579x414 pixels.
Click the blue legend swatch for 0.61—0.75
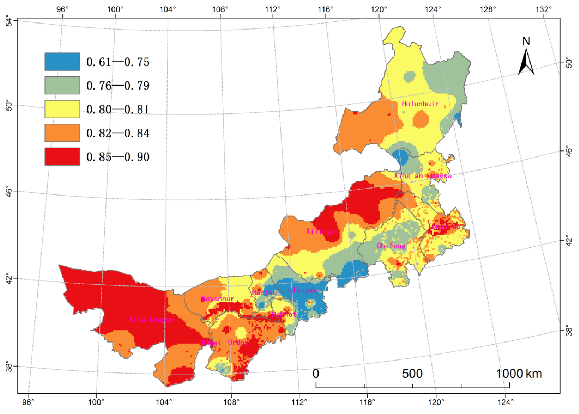click(x=62, y=62)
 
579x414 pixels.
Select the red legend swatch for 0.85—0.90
click(x=62, y=157)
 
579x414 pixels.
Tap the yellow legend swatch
click(x=62, y=109)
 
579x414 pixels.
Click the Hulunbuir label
click(x=420, y=104)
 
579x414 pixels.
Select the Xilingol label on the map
click(x=322, y=231)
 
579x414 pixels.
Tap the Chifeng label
click(x=391, y=246)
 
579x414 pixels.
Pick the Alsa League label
click(x=151, y=319)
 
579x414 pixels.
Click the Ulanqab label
click(x=303, y=290)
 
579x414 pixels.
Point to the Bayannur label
click(x=218, y=299)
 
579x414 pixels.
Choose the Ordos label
click(x=238, y=342)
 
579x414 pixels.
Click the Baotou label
click(x=264, y=293)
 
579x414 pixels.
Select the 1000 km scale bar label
click(x=519, y=374)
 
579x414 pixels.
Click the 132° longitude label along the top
click(x=543, y=10)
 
